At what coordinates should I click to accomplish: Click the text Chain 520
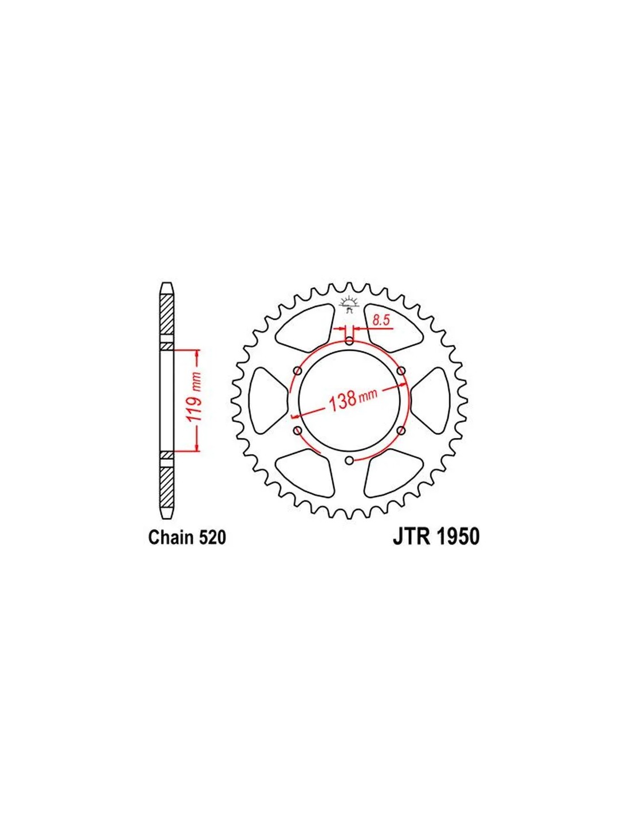(187, 537)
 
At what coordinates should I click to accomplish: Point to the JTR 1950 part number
(436, 536)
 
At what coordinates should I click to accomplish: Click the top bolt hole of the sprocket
(349, 341)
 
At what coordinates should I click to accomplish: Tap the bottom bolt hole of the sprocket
(349, 460)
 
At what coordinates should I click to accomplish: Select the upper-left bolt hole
(298, 371)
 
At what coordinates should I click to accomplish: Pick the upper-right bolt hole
(401, 371)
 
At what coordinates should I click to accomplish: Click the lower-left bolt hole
(298, 430)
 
